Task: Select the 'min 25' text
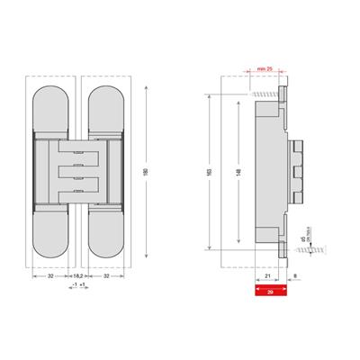[264, 69]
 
